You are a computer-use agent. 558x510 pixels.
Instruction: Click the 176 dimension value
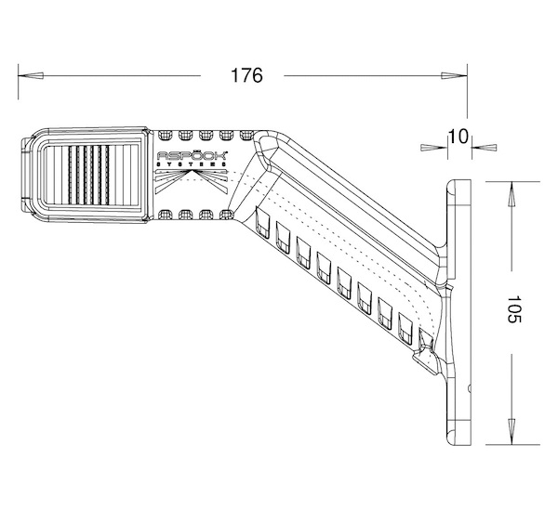(246, 75)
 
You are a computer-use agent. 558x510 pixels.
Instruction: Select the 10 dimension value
(458, 137)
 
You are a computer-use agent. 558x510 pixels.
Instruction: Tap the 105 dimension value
(513, 308)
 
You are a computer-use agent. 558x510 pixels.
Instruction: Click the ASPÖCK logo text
(193, 155)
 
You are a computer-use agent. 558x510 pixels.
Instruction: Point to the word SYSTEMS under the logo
(192, 164)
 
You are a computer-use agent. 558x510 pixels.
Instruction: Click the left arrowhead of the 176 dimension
(31, 75)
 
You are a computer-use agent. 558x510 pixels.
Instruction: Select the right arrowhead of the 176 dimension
(454, 75)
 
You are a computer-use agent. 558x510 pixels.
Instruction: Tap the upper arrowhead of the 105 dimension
(511, 194)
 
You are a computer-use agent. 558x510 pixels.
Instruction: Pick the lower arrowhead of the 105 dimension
(511, 431)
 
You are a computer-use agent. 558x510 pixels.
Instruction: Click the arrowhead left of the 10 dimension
(434, 147)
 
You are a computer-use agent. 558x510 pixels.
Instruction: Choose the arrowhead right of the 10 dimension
(485, 147)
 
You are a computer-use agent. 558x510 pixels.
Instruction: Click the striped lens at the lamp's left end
(92, 175)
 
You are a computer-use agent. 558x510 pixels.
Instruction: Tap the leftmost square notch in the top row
(164, 135)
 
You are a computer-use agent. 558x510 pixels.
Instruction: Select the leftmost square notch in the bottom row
(164, 215)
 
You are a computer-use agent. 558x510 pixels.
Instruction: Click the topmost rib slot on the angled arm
(262, 223)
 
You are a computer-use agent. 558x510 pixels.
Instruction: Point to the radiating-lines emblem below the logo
(192, 181)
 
